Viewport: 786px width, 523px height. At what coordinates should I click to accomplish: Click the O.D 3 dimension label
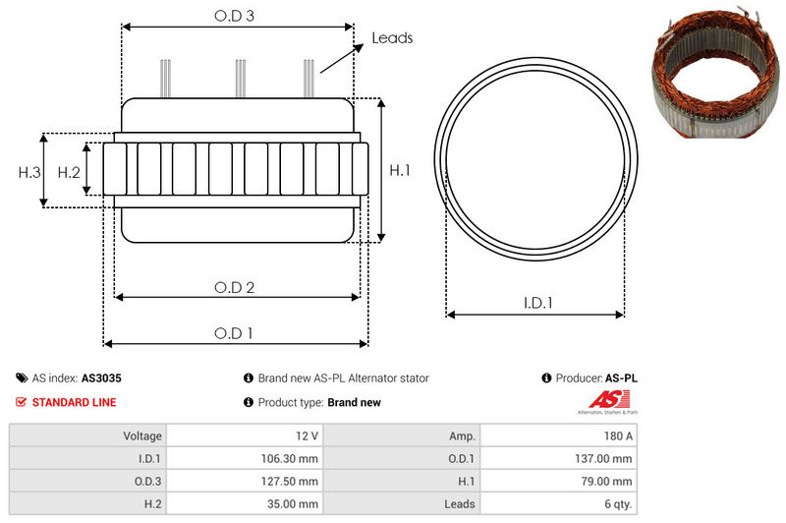click(235, 16)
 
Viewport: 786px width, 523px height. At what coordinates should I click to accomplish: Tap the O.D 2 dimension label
click(235, 287)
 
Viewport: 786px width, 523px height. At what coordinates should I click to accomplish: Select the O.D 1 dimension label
click(235, 333)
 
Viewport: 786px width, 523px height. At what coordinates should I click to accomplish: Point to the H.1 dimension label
click(400, 171)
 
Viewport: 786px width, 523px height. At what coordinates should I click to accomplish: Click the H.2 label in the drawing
click(69, 172)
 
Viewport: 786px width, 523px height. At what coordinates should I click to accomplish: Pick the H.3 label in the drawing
click(29, 172)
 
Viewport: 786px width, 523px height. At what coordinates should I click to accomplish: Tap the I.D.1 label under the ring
click(536, 304)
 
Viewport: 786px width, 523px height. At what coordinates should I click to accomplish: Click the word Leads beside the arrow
click(392, 38)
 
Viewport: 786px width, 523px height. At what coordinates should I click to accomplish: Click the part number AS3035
click(101, 378)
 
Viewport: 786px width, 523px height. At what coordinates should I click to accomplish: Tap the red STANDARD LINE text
click(74, 402)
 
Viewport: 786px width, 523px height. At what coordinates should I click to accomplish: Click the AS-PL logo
click(604, 402)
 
